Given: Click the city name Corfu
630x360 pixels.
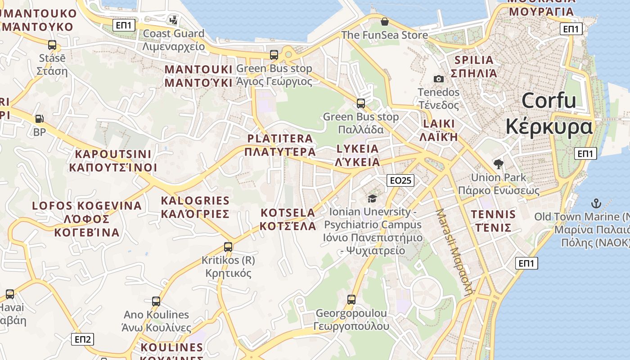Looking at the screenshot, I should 549,100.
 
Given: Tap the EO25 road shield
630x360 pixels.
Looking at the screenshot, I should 400,180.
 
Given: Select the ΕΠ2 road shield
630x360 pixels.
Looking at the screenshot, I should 83,339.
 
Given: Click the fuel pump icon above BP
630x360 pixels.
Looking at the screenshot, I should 40,119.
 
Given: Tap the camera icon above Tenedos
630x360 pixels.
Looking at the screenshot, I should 438,79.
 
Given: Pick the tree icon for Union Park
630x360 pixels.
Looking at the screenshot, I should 498,164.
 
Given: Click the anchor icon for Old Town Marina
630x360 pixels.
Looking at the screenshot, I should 596,203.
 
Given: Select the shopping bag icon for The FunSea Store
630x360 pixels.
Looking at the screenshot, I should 385,22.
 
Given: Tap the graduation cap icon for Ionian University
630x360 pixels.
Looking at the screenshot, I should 372,198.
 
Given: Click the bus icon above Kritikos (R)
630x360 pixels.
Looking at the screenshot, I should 228,247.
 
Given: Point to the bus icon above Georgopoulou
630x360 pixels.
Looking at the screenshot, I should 351,299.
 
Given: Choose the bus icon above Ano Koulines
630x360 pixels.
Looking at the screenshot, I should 156,301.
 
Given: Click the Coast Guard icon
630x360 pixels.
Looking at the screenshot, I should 173,20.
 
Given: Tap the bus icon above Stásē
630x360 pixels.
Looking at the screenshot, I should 52,45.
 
